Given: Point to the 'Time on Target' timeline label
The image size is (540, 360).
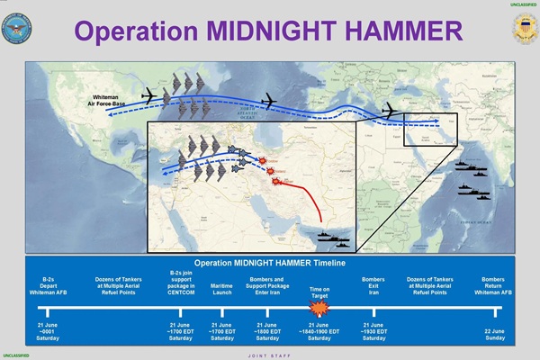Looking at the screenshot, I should pyautogui.click(x=318, y=285).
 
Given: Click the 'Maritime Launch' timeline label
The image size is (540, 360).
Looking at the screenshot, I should pyautogui.click(x=222, y=289).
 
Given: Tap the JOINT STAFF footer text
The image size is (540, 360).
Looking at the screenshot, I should pyautogui.click(x=271, y=355).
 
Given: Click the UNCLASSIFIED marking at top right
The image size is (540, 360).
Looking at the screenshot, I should pyautogui.click(x=523, y=4).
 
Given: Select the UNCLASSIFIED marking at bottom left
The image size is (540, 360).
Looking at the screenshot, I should pyautogui.click(x=15, y=355).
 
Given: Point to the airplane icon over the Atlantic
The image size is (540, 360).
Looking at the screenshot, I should pyautogui.click(x=268, y=100).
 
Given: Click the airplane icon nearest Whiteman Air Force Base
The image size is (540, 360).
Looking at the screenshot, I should pyautogui.click(x=150, y=94).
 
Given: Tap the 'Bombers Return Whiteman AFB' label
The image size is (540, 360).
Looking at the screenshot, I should pyautogui.click(x=499, y=280).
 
